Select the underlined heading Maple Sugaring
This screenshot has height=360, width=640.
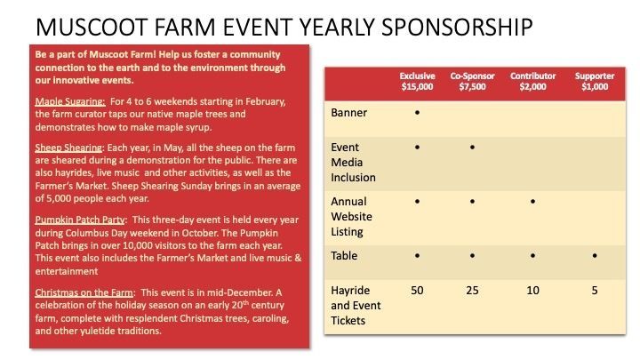click(70, 101)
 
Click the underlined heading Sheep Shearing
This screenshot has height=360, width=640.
click(68, 148)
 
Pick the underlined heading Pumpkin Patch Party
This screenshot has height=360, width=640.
click(80, 220)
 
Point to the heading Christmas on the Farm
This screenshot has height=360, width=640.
click(84, 292)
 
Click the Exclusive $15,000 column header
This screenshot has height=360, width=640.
click(417, 81)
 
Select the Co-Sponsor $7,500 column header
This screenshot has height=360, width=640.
click(472, 81)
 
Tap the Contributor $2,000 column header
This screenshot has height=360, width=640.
click(532, 81)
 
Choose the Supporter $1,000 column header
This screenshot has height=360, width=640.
click(595, 81)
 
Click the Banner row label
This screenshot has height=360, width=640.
click(349, 113)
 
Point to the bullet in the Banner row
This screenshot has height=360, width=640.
click(417, 112)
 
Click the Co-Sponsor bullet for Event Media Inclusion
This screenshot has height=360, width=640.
click(472, 147)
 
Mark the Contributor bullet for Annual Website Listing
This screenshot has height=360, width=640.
click(532, 201)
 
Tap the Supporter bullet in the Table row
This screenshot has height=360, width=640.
click(595, 255)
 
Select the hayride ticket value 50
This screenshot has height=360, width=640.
click(417, 290)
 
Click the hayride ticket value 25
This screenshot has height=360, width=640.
click(472, 290)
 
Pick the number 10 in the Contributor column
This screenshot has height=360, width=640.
click(532, 290)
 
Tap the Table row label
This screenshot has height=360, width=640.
click(344, 255)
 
